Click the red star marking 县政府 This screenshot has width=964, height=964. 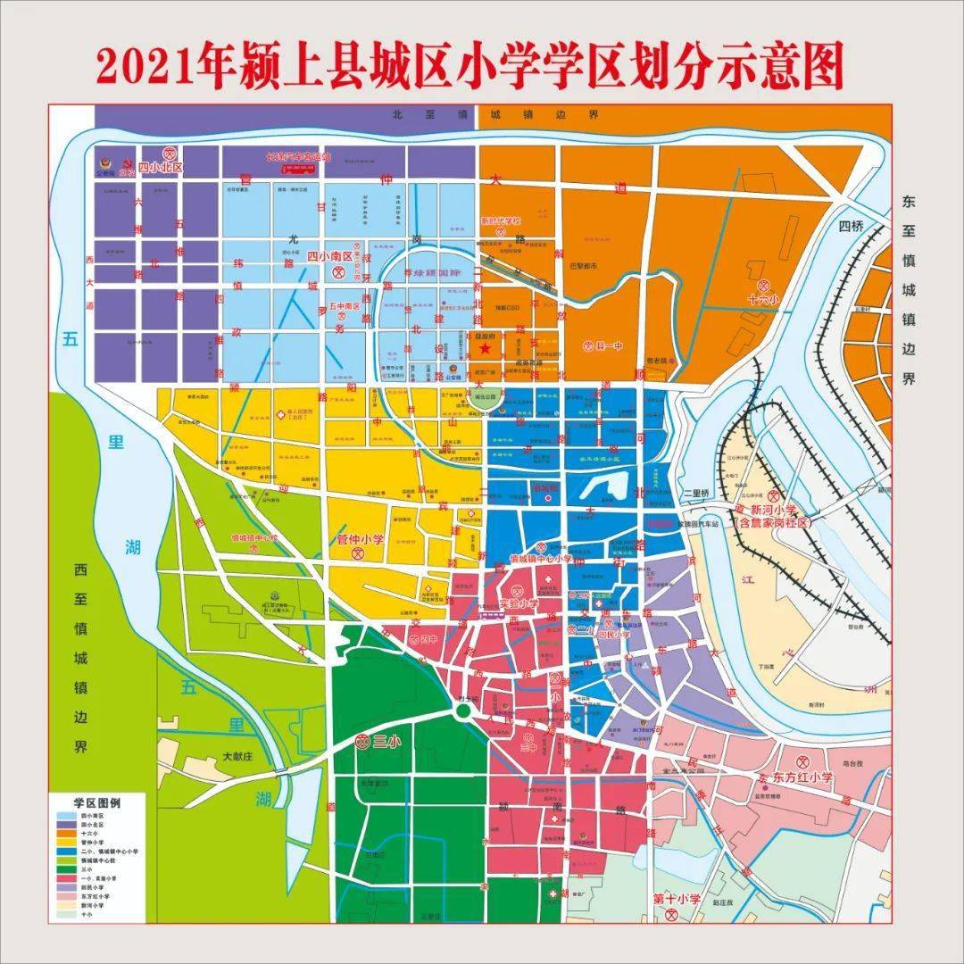(x=485, y=348)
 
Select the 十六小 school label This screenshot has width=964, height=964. (x=763, y=300)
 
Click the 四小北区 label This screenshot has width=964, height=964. (x=161, y=167)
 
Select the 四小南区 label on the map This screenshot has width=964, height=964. (x=329, y=256)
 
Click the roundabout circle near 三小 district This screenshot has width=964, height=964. (x=462, y=711)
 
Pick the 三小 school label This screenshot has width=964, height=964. (x=386, y=741)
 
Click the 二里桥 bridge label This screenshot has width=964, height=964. (x=696, y=493)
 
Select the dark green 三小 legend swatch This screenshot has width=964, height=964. (x=66, y=866)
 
